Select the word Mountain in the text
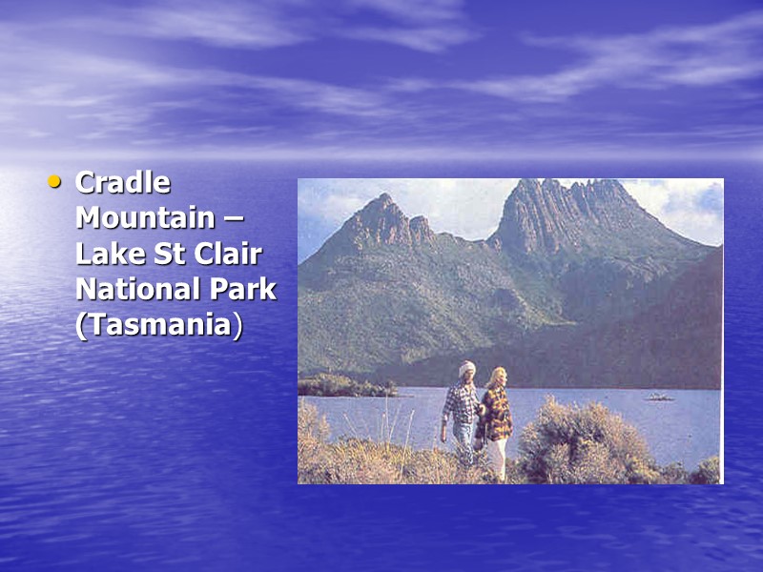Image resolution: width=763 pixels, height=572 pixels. (x=145, y=217)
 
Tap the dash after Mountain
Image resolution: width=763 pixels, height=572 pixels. (x=234, y=219)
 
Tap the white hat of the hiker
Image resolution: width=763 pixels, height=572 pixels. (x=466, y=368)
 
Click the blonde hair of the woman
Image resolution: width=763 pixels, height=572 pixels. (x=496, y=378)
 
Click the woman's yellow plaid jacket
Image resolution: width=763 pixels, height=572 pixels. (x=496, y=418)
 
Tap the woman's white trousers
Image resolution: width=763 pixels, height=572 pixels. (x=499, y=458)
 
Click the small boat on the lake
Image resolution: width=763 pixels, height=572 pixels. (x=658, y=396)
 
